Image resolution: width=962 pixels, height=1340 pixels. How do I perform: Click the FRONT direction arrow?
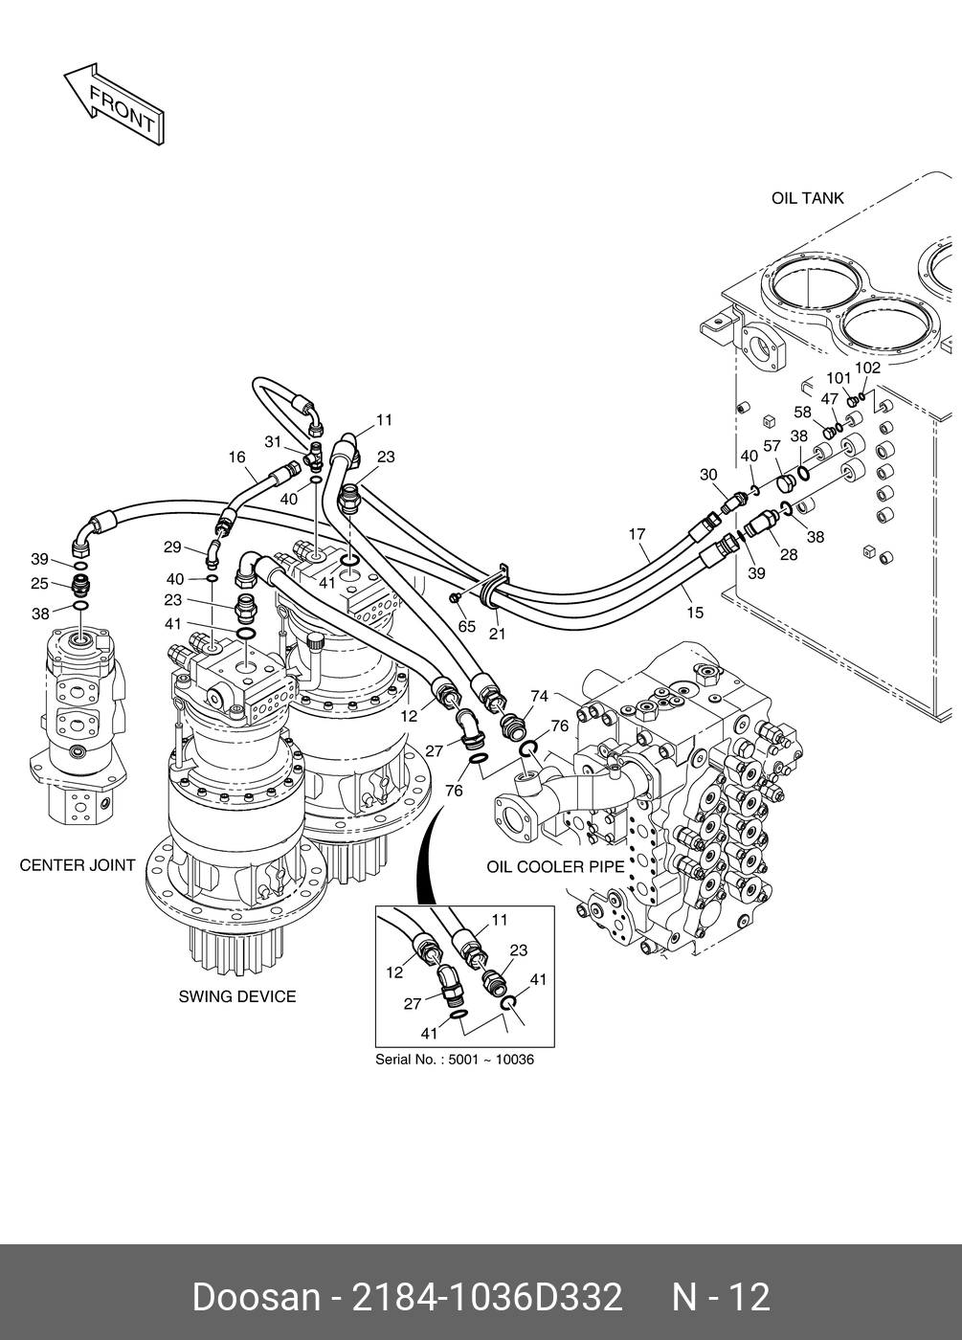click(x=114, y=103)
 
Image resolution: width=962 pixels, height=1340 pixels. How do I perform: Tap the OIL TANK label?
click(x=807, y=198)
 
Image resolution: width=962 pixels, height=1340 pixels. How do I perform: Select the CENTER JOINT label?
click(x=78, y=865)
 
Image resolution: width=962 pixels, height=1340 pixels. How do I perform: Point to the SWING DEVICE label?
click(x=237, y=996)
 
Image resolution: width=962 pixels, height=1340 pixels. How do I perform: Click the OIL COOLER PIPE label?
click(x=555, y=867)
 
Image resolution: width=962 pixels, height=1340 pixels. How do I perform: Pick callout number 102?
click(x=867, y=368)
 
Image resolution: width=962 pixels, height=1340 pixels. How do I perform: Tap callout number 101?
click(x=839, y=378)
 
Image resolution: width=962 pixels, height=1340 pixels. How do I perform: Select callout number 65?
click(x=467, y=626)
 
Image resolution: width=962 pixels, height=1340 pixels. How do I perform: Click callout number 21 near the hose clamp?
click(x=497, y=634)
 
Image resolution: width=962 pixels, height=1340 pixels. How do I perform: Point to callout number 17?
click(x=638, y=533)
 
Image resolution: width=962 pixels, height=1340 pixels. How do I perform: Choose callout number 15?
click(x=695, y=613)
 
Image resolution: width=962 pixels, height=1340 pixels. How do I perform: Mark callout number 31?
click(x=273, y=441)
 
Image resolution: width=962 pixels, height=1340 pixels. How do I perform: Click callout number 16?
click(x=237, y=458)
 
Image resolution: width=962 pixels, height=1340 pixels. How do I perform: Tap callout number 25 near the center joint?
click(x=39, y=583)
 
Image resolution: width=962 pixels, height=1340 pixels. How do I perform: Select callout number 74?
click(x=539, y=696)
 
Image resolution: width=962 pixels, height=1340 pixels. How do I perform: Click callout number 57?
click(x=772, y=446)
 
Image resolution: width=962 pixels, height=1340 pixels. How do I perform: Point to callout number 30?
click(x=708, y=475)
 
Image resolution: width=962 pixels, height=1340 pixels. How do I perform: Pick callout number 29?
click(x=172, y=547)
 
